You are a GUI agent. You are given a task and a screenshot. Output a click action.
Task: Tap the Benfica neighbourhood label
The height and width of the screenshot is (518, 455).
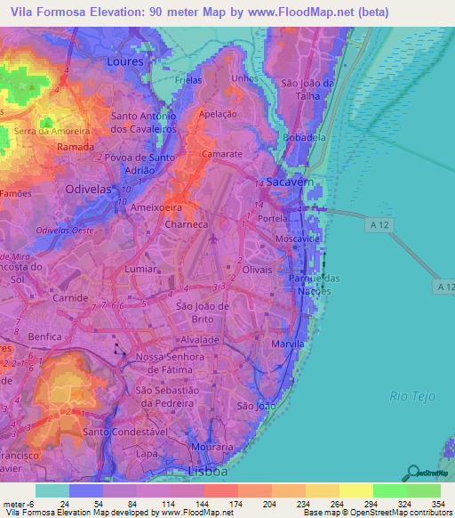(x=45, y=336)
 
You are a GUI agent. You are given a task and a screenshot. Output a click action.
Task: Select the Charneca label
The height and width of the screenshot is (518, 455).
(x=187, y=225)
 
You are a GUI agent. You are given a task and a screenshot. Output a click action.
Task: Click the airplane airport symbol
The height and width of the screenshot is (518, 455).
(x=214, y=239)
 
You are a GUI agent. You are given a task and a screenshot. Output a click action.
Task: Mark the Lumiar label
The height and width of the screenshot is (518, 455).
(x=142, y=267)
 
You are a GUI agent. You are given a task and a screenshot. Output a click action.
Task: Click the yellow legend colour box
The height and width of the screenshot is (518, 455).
(x=355, y=490)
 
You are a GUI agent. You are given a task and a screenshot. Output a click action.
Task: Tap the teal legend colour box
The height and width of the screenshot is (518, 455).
(x=52, y=490)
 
